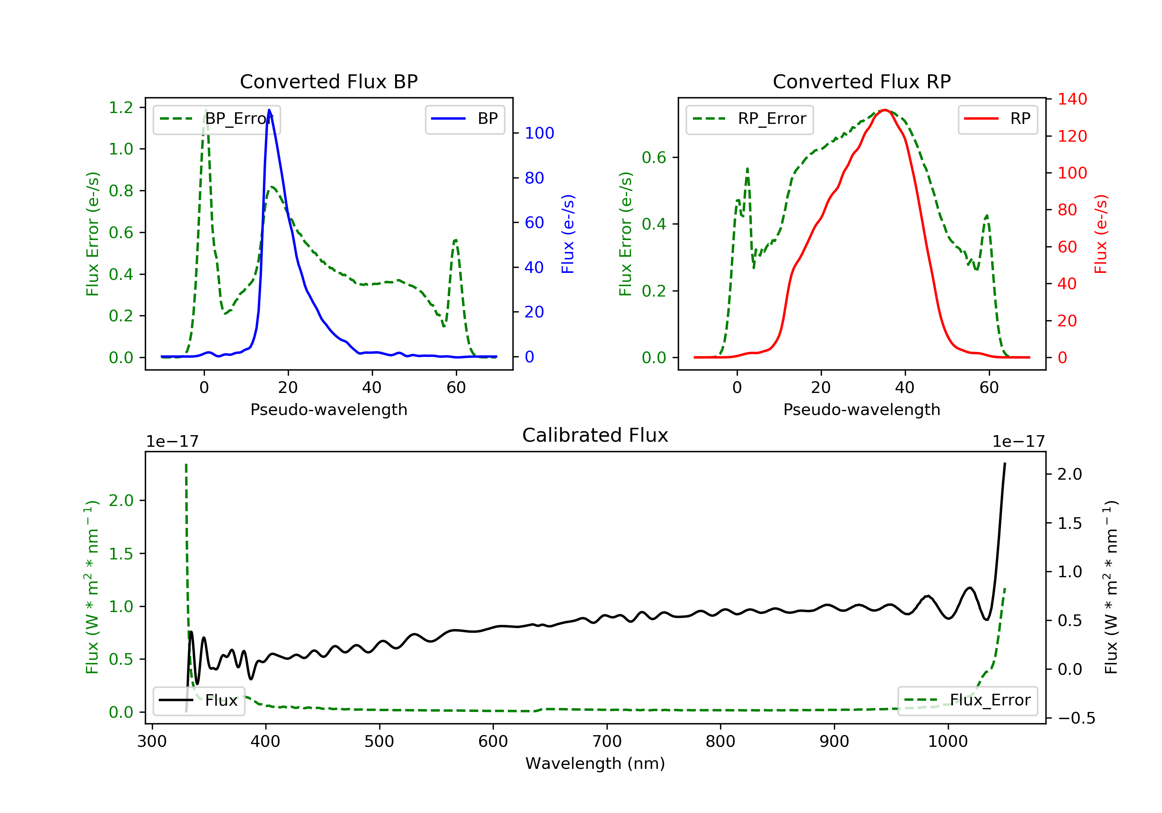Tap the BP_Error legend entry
click(216, 119)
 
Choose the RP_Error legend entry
click(749, 119)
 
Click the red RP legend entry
click(997, 119)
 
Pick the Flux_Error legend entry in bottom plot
click(967, 701)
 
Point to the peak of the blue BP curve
click(269, 110)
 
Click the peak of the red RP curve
click(884, 110)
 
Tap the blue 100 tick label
click(539, 134)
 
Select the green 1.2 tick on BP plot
click(121, 107)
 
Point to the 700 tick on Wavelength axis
click(607, 742)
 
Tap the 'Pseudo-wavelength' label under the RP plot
click(861, 410)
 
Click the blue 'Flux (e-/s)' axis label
click(568, 234)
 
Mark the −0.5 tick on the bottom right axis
click(1076, 719)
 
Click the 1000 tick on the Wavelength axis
click(947, 742)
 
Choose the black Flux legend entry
click(199, 701)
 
